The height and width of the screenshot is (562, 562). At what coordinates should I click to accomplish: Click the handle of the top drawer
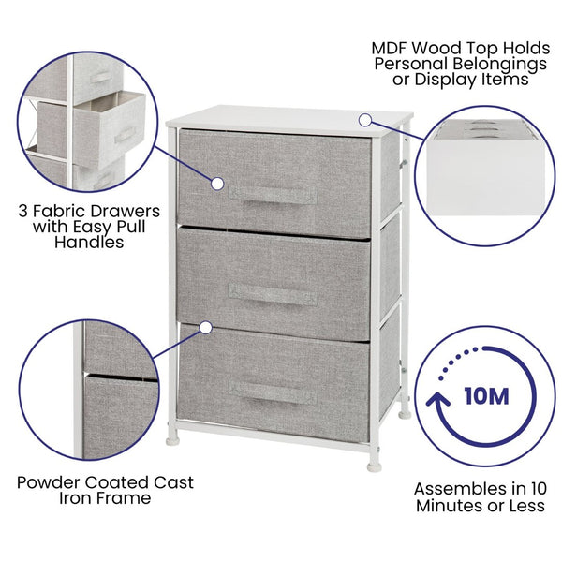point(271,196)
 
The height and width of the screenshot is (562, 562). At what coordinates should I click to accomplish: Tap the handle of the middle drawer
point(271,293)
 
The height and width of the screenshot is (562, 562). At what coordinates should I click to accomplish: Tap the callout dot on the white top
point(365,120)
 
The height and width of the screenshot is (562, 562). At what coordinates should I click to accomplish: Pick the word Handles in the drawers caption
point(91,243)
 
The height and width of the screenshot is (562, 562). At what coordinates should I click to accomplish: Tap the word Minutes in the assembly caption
point(448,506)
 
